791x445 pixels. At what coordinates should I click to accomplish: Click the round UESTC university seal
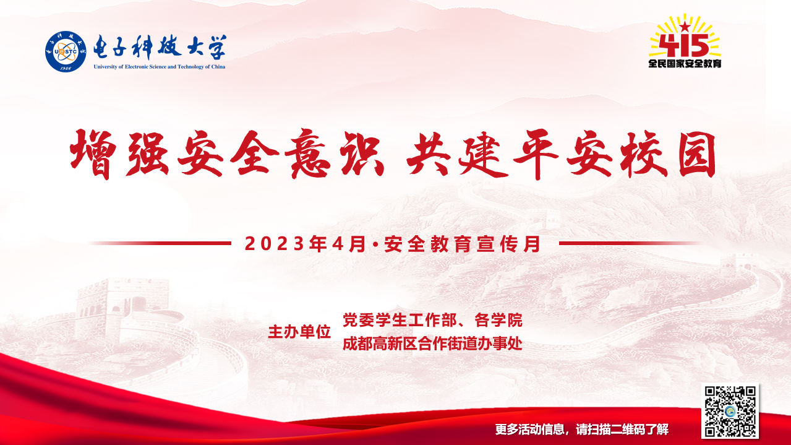[66, 51]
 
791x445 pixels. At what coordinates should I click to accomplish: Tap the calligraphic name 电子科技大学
[160, 48]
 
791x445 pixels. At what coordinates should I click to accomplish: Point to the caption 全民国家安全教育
[685, 64]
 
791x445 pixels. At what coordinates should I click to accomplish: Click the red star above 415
[685, 26]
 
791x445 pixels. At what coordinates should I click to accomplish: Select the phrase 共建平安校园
[561, 154]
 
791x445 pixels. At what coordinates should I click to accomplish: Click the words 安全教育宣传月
[462, 244]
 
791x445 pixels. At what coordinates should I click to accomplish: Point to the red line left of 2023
[160, 243]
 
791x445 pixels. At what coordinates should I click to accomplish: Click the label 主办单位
[299, 332]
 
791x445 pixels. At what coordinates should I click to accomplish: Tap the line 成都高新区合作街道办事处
[432, 343]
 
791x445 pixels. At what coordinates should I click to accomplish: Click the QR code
[730, 411]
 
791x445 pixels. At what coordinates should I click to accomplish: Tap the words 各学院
[498, 320]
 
